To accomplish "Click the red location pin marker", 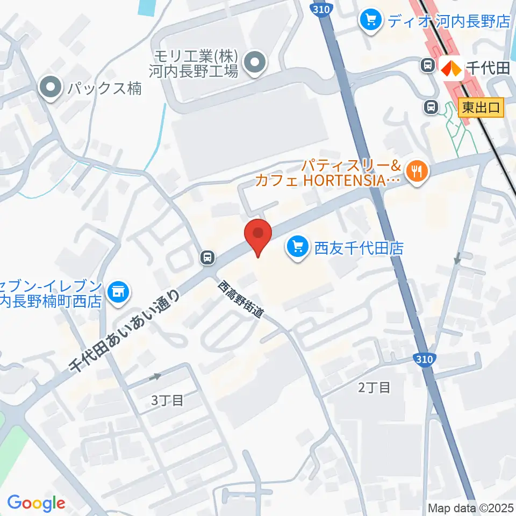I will [258, 235].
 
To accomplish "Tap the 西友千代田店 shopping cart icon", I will [298, 247].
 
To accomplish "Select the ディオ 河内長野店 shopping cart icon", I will [371, 21].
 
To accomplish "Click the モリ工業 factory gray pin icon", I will [254, 63].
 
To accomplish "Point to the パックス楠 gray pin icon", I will [52, 87].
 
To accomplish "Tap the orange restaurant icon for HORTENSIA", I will [416, 173].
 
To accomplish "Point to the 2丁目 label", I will [374, 387].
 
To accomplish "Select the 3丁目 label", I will [167, 400].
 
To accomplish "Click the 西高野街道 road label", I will [241, 300].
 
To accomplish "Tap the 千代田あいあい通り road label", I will [124, 331].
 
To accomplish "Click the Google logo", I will [36, 503].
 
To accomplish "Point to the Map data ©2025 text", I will [470, 507].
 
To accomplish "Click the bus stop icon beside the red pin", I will [207, 258].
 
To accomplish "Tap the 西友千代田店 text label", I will [359, 248].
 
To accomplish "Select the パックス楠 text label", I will [105, 88].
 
